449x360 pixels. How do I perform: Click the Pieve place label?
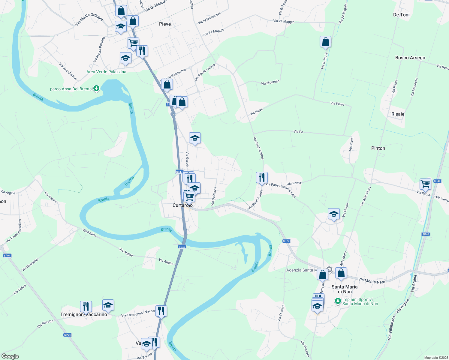pos(165,24)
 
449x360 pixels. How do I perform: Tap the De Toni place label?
pos(401,15)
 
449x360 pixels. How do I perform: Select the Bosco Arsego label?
pos(410,58)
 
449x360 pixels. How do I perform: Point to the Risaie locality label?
pos(398,114)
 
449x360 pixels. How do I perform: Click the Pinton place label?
pos(378,148)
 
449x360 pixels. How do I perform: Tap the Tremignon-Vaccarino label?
pos(84,314)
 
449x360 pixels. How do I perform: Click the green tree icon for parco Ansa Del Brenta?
pos(96,88)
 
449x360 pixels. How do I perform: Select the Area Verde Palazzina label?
pos(106,72)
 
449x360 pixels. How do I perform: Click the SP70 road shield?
pos(286,241)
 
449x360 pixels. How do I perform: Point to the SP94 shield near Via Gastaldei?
pos(7,256)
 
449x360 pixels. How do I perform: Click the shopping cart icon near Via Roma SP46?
pos(425,184)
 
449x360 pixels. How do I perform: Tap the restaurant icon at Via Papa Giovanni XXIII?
pos(262,177)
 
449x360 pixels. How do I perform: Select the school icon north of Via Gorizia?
pos(195,138)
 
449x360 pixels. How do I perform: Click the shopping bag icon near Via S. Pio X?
pos(325,42)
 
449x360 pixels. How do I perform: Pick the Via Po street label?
pos(298,132)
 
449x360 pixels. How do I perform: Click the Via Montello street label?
pos(270,82)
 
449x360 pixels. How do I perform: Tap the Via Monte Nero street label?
pos(372,281)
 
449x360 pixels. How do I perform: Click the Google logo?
pos(10,356)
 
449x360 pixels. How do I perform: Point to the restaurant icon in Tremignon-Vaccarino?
pos(86,306)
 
